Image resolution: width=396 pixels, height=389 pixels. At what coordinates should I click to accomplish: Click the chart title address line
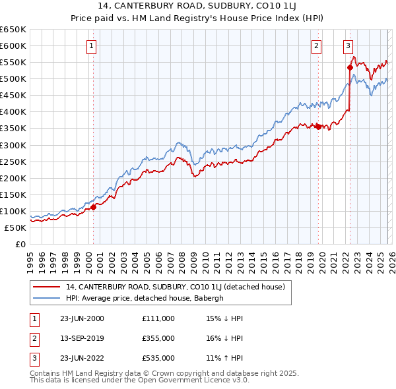(198, 6)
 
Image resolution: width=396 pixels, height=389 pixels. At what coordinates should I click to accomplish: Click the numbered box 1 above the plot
(91, 45)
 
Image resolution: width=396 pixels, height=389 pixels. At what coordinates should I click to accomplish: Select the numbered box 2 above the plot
(317, 45)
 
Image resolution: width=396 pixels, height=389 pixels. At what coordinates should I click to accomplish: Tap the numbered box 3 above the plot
(348, 45)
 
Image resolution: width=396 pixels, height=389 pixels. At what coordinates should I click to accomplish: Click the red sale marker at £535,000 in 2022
(350, 67)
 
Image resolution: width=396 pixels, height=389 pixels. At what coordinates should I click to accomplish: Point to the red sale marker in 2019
(318, 127)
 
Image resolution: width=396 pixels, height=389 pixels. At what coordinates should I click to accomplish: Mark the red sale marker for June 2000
(93, 207)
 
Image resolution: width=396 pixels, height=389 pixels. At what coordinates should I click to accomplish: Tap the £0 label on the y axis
(20, 244)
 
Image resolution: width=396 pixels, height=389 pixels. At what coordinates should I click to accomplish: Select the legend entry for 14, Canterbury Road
(175, 287)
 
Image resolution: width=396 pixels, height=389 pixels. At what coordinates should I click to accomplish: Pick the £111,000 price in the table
(158, 318)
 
